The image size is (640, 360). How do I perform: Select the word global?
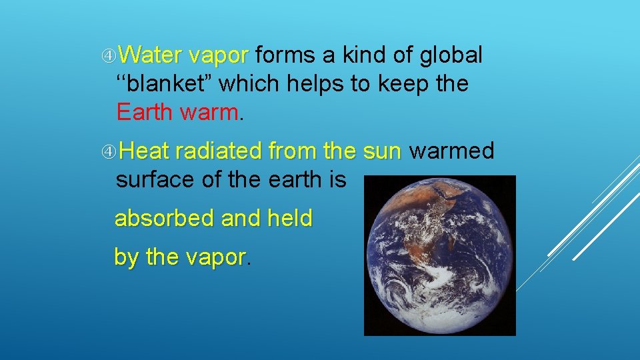[450, 55]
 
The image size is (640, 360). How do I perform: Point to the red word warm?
[208, 112]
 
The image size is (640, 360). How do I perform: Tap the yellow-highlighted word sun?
[382, 151]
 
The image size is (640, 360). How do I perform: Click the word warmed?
[451, 151]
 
